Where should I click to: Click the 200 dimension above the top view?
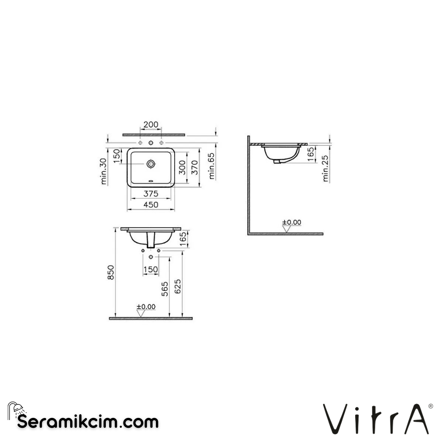point(151,125)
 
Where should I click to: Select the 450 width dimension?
point(151,205)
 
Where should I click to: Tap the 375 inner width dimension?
point(151,194)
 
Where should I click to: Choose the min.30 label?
point(104,171)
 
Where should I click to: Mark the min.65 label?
point(212,166)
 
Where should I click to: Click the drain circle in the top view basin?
point(151,164)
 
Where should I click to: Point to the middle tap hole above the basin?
point(151,143)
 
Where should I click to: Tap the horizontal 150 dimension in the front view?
point(151,269)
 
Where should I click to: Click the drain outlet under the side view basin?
point(278,161)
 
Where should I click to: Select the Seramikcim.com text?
point(88,421)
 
